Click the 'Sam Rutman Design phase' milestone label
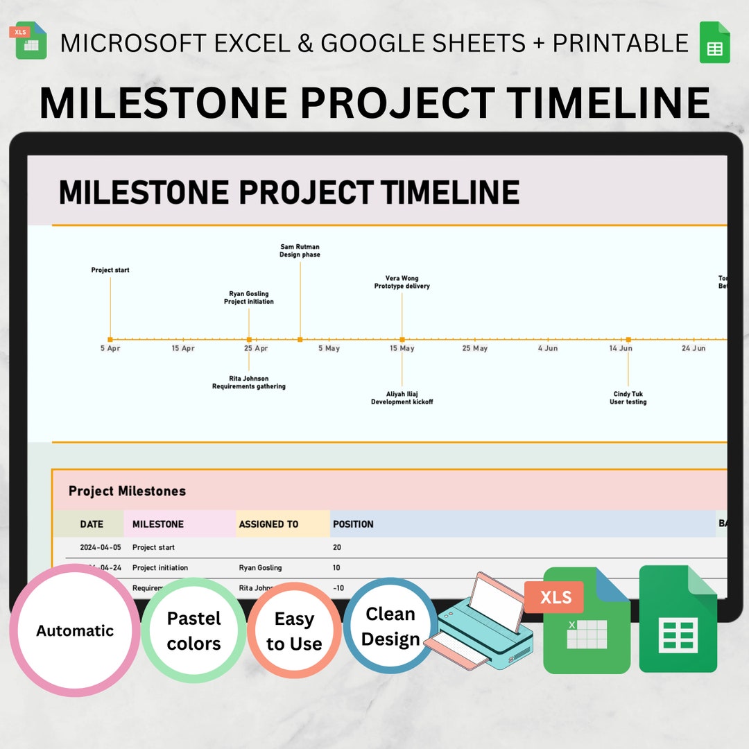pos(300,250)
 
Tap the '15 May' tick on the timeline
pos(402,348)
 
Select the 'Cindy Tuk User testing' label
pos(628,398)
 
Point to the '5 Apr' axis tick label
pos(110,348)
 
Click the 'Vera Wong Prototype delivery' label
pos(402,282)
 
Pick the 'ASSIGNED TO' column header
pos(268,524)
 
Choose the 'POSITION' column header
pos(353,524)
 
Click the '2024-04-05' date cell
pos(101,547)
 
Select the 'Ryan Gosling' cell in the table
pos(260,567)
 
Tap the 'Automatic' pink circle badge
pos(75,630)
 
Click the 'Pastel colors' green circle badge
pos(194,630)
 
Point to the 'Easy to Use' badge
pos(294,630)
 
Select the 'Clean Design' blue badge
pos(390,626)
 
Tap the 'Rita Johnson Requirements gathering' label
pos(249,383)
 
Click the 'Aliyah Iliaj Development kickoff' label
pos(402,398)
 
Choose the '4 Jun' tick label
pos(548,348)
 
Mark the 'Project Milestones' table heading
pos(127,491)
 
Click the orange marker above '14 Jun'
pos(628,339)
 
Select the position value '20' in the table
pos(337,547)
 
